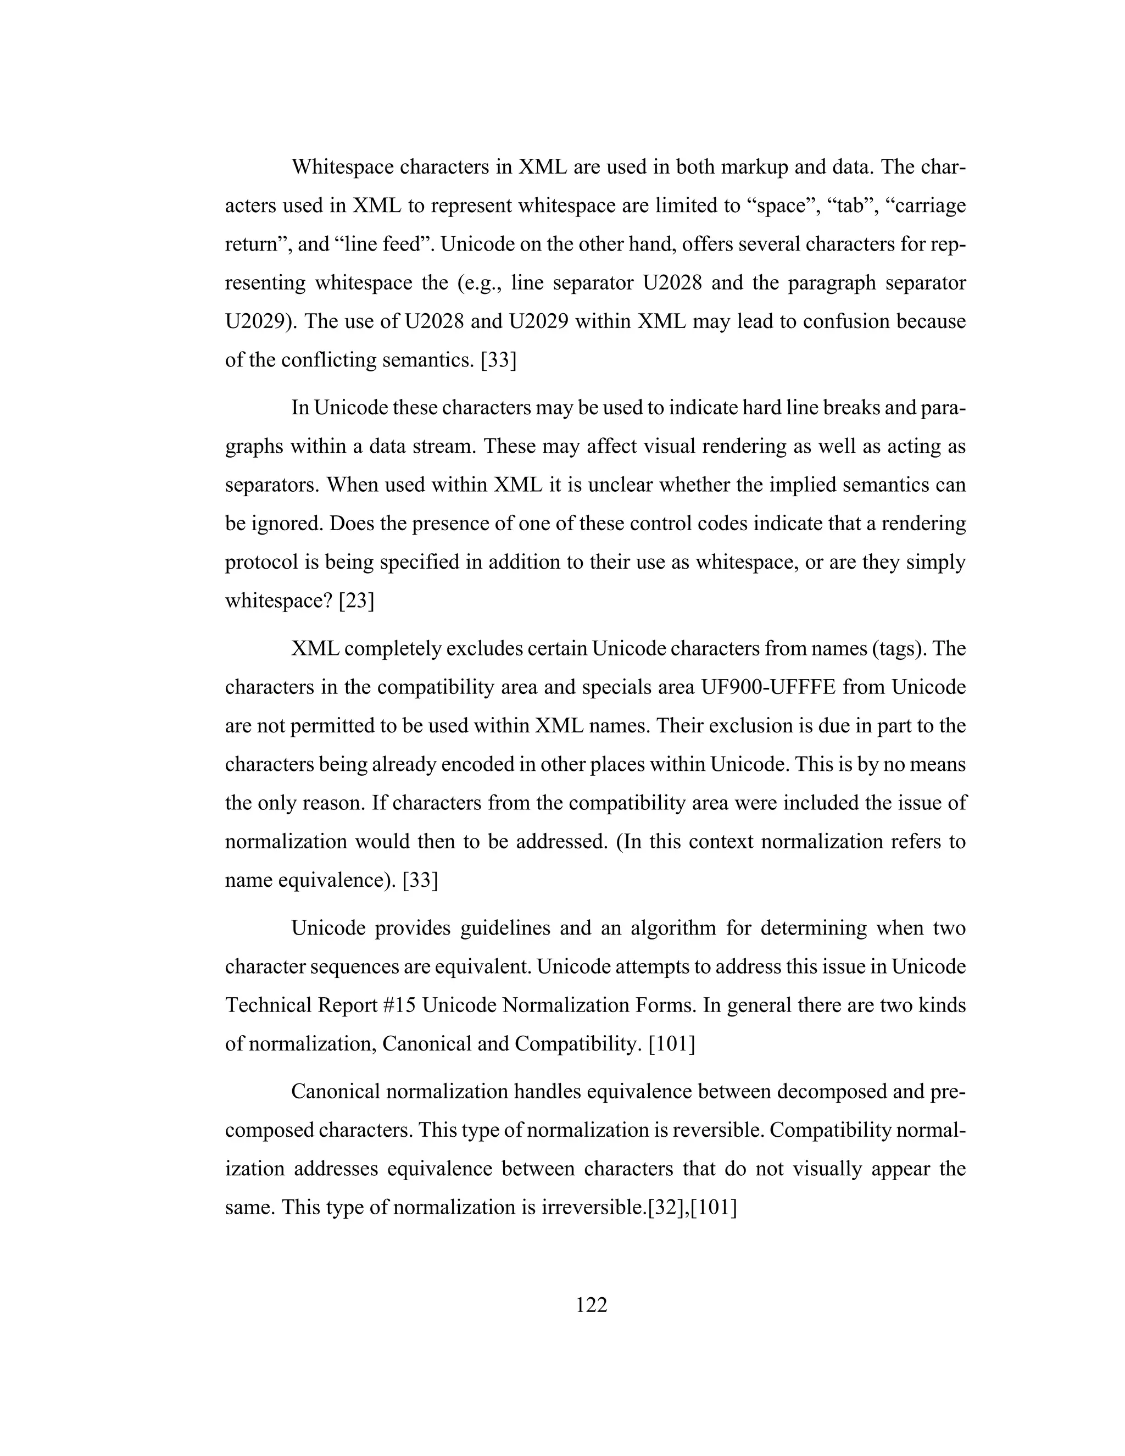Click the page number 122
591,1305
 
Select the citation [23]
357,601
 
